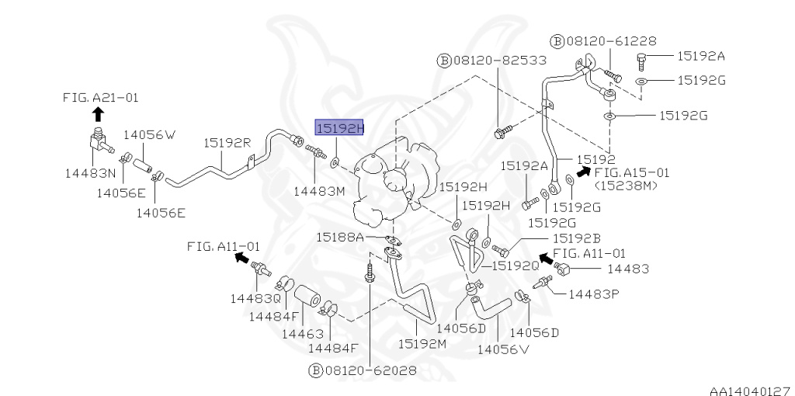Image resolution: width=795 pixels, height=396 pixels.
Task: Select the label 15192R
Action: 227,143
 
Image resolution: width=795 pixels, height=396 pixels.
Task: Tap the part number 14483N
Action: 90,174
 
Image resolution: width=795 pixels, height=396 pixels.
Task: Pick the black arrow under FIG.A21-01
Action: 97,113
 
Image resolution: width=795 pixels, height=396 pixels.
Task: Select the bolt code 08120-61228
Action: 602,41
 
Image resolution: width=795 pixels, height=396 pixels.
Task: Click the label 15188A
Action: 339,236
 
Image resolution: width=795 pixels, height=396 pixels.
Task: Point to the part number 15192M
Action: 422,342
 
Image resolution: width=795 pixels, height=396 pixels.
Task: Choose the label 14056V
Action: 502,349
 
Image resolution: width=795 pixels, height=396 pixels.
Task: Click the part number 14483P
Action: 594,294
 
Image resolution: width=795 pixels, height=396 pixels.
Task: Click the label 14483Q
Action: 255,297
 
